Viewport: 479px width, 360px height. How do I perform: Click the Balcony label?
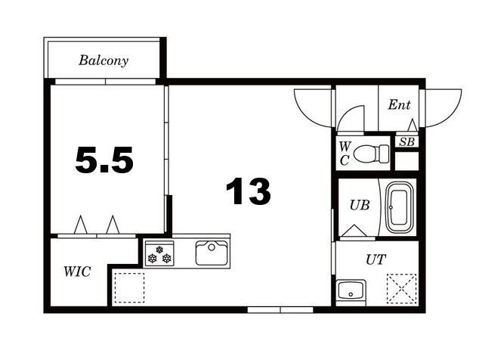(104, 61)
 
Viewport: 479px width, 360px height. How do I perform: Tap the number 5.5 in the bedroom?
(104, 160)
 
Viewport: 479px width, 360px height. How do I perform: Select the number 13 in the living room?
(248, 191)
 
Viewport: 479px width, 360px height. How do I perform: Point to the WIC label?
(77, 272)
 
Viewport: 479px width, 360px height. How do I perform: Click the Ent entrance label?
(399, 105)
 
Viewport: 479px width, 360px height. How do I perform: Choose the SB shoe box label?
(407, 142)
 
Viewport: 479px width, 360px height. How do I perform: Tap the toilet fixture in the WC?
(371, 154)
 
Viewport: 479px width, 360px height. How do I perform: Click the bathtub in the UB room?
(400, 208)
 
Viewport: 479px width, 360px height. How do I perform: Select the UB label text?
(360, 205)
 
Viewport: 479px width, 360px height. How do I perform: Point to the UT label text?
(375, 259)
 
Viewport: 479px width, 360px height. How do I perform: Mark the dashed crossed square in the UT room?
(401, 288)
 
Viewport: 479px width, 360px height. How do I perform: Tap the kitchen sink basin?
(212, 253)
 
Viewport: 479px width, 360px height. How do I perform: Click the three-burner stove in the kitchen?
(159, 253)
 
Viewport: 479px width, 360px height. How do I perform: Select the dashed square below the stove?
(129, 288)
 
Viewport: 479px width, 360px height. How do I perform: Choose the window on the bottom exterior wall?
(280, 310)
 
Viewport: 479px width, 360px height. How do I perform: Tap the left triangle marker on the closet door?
(81, 225)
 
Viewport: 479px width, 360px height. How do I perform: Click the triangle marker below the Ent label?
(413, 125)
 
